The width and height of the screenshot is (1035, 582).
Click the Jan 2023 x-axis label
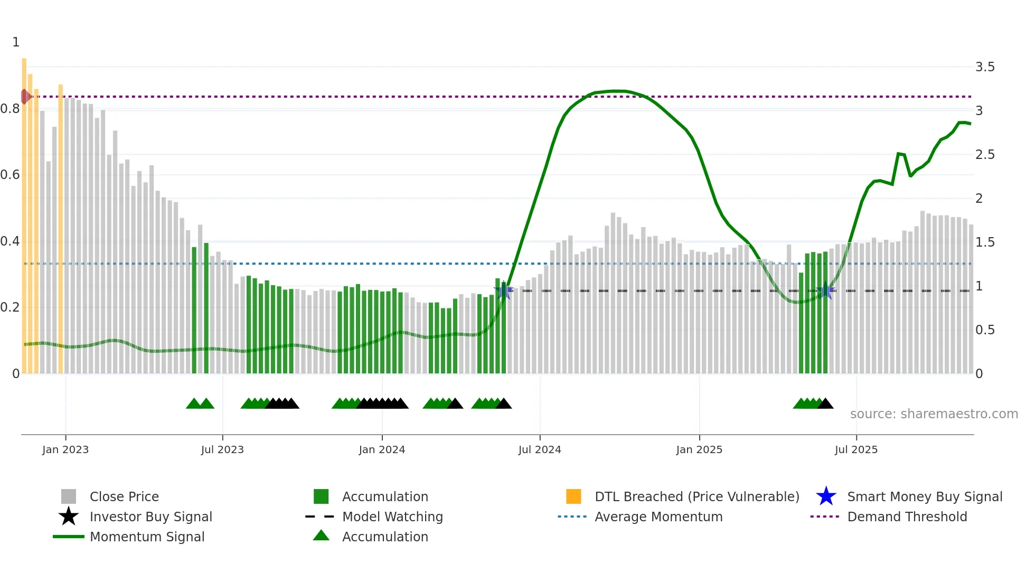coord(65,449)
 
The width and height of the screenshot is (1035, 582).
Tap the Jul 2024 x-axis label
coord(539,449)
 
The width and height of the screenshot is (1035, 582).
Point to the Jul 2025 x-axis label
coord(855,449)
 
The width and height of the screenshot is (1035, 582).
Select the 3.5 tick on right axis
coord(984,67)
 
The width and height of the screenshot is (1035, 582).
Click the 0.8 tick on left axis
coord(10,109)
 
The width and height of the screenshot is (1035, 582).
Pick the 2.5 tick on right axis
coord(984,155)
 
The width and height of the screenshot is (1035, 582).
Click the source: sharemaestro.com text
coord(934,414)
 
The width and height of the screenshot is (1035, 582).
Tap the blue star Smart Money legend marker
coord(826,496)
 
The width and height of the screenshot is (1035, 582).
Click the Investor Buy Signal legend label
coord(150,517)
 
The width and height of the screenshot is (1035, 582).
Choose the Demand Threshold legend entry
coord(907,517)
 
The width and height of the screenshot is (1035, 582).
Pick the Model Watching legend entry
coord(392,517)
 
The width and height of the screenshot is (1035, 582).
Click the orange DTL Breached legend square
coord(573,496)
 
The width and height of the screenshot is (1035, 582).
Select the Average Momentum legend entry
coord(658,517)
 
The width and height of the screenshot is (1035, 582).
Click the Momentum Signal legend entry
coord(147,537)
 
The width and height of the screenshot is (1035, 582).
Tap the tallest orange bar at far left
coord(24,211)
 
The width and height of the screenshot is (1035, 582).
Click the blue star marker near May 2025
coord(825,290)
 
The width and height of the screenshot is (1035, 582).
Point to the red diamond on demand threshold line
coord(25,97)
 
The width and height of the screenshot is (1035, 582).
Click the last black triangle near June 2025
coord(825,404)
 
